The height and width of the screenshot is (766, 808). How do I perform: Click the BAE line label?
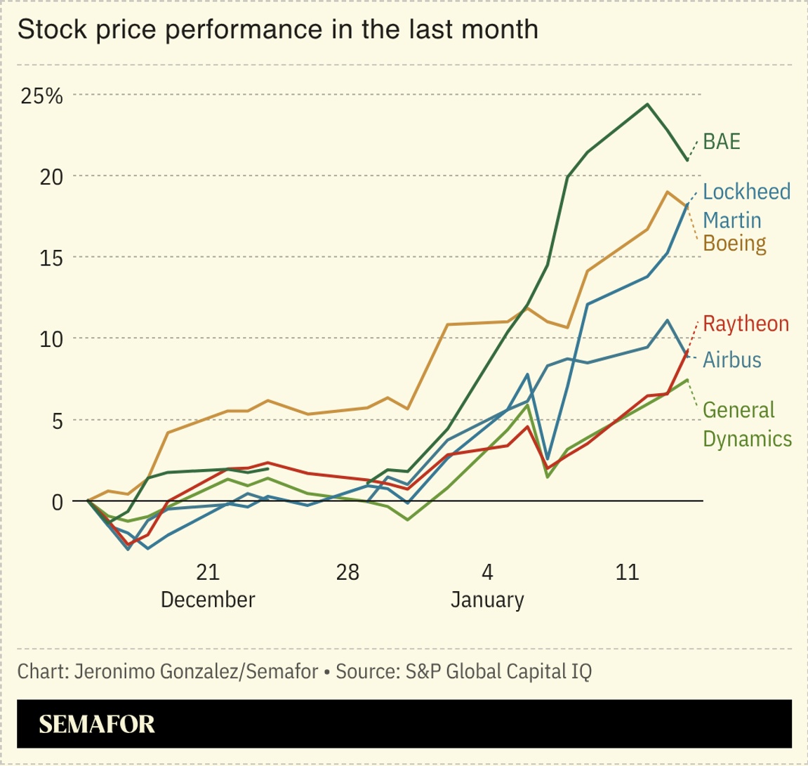tap(722, 142)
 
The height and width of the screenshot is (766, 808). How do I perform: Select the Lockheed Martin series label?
tap(746, 206)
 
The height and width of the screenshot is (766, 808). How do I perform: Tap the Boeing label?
tap(734, 244)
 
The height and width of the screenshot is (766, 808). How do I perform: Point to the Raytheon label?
tap(746, 324)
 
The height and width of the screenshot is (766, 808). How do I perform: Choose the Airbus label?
tap(732, 359)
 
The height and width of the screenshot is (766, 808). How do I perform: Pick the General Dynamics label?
tap(747, 424)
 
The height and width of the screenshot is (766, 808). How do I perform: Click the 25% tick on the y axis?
tap(42, 95)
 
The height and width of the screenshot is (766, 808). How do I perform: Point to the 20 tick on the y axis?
tap(50, 176)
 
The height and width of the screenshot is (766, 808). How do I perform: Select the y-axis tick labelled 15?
tap(50, 258)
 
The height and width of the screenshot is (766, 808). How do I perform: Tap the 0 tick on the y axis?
tap(56, 501)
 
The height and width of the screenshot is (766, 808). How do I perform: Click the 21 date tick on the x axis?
tap(208, 572)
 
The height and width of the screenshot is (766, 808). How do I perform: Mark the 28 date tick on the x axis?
tap(347, 572)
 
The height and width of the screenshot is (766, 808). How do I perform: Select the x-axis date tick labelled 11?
tap(627, 572)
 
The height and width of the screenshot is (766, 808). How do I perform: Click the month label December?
tap(208, 600)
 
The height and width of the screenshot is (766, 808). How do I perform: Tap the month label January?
tap(487, 600)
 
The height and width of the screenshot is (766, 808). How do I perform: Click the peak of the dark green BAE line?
tap(647, 105)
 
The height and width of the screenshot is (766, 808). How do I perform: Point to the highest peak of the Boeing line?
tap(667, 192)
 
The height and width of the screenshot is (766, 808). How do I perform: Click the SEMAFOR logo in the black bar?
tap(97, 724)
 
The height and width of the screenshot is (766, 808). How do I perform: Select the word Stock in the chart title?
tap(44, 29)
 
